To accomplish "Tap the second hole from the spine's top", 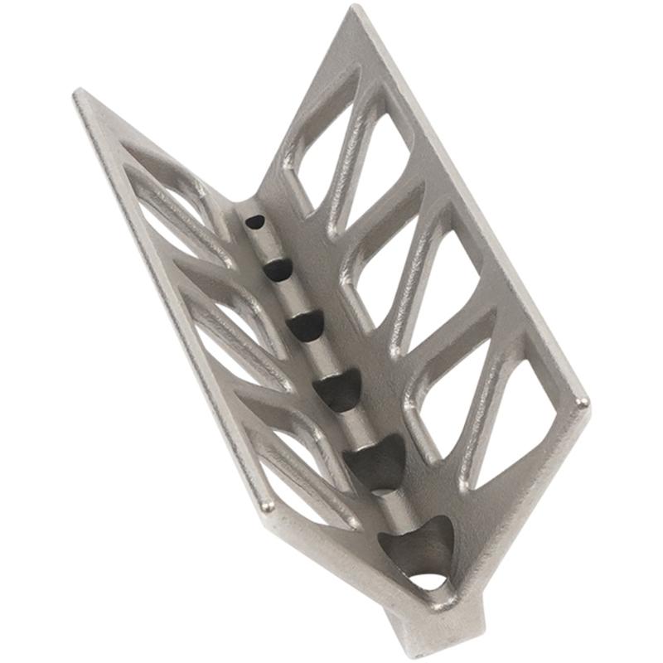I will (278, 269).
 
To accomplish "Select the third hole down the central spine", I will (307, 325).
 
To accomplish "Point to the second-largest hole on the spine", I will (377, 461).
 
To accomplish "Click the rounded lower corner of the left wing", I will (266, 504).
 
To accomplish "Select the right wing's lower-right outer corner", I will (584, 404).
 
